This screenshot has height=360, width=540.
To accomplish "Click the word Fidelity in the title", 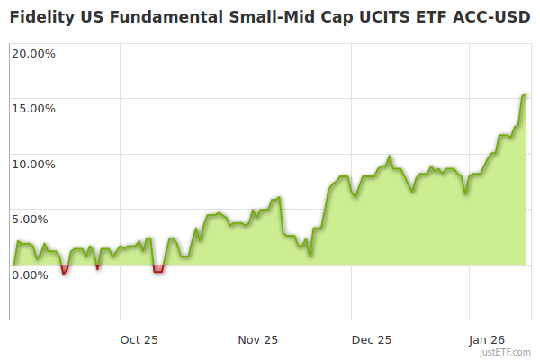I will pyautogui.click(x=43, y=17).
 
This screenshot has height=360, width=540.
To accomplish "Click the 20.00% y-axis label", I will pyautogui.click(x=33, y=53).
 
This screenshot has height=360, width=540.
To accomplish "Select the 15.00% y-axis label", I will pyautogui.click(x=33, y=109).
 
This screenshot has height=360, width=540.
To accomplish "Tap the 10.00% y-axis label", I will pyautogui.click(x=33, y=165).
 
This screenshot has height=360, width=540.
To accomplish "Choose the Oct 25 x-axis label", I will pyautogui.click(x=139, y=339).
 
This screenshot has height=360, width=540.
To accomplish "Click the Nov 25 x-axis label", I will pyautogui.click(x=258, y=339).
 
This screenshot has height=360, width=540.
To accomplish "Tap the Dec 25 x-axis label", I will pyautogui.click(x=372, y=339).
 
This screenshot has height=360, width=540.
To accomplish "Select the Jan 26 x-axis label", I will pyautogui.click(x=487, y=339).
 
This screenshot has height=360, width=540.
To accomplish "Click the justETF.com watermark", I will pyautogui.click(x=508, y=352).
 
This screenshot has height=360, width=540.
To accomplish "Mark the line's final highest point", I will pyautogui.click(x=526, y=94).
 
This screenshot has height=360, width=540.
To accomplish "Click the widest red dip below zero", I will pyautogui.click(x=158, y=269).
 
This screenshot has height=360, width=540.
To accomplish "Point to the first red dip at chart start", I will pyautogui.click(x=64, y=270).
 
